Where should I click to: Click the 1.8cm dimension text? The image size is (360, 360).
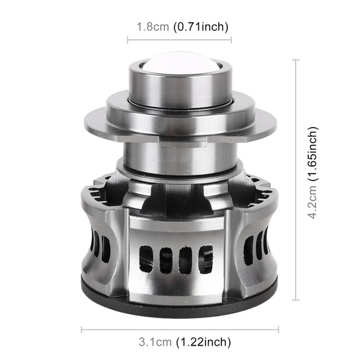tap(152, 27)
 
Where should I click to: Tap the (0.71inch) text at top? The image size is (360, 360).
tap(201, 27)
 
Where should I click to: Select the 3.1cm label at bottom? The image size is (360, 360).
tap(155, 342)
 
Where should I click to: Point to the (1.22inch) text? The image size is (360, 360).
tap(203, 342)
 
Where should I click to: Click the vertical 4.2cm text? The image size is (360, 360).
tap(312, 202)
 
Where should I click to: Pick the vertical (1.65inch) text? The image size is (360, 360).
tap(312, 154)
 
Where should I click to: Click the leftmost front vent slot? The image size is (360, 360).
tap(146, 259)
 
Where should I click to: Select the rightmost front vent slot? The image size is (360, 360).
tap(206, 259)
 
